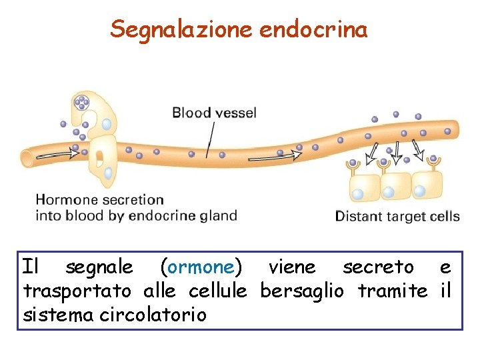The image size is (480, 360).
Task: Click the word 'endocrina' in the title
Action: tap(313, 29)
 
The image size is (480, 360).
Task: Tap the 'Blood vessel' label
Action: tap(214, 113)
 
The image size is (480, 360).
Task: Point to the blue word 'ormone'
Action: tap(200, 267)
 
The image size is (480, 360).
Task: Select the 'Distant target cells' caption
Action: tap(397, 216)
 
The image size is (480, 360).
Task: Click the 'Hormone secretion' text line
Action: tap(99, 199)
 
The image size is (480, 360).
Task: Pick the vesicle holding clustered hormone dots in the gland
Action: tap(81, 103)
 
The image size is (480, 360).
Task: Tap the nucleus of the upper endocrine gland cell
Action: tap(107, 124)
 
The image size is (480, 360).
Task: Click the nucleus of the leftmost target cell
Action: tap(357, 194)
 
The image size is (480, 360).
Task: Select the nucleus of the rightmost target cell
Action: tap(419, 191)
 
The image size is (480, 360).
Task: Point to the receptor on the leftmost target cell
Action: tap(353, 163)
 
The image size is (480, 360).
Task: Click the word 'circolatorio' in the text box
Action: tap(153, 314)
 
